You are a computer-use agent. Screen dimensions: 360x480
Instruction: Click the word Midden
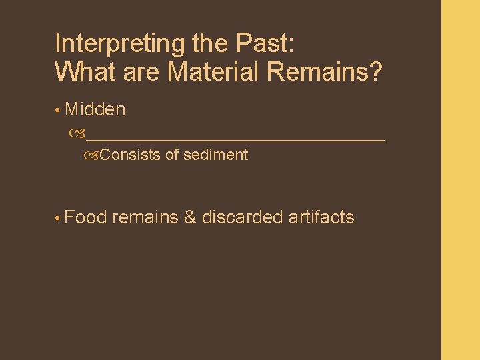tap(95, 109)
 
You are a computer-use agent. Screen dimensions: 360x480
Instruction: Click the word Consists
tap(131, 155)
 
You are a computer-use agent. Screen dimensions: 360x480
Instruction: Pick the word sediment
tap(215, 155)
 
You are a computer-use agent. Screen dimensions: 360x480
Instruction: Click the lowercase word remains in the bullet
tap(145, 217)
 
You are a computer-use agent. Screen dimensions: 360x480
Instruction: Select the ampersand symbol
tap(189, 217)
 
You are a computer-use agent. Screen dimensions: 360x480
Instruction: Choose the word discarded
tap(243, 217)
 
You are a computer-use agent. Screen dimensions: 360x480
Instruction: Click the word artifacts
tap(322, 217)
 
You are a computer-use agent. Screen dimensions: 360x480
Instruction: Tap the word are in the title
tap(140, 71)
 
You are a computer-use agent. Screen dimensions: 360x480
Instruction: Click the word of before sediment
tap(172, 155)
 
